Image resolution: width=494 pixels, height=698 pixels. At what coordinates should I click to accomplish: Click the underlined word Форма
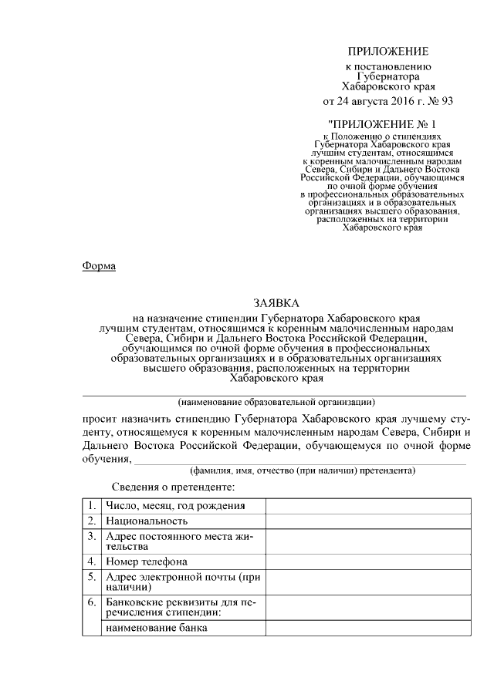click(99, 266)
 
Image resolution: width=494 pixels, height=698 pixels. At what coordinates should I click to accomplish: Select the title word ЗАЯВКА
click(276, 304)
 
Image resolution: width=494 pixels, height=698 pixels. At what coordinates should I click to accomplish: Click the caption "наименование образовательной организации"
click(276, 402)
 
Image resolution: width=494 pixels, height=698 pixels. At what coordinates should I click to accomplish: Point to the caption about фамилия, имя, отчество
click(303, 470)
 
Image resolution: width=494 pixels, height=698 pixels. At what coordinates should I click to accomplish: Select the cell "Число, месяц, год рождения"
click(176, 506)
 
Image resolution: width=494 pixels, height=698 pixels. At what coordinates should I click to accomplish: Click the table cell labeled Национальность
click(147, 521)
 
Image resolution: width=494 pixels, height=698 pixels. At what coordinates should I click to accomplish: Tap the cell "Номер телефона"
click(147, 561)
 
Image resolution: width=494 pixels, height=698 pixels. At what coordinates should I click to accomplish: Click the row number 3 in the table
click(91, 535)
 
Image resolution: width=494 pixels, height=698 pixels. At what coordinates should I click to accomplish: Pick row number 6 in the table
click(91, 602)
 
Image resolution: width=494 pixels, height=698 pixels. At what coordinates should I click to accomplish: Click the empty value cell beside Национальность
click(367, 521)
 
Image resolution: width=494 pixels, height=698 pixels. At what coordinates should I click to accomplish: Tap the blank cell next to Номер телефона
click(367, 561)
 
